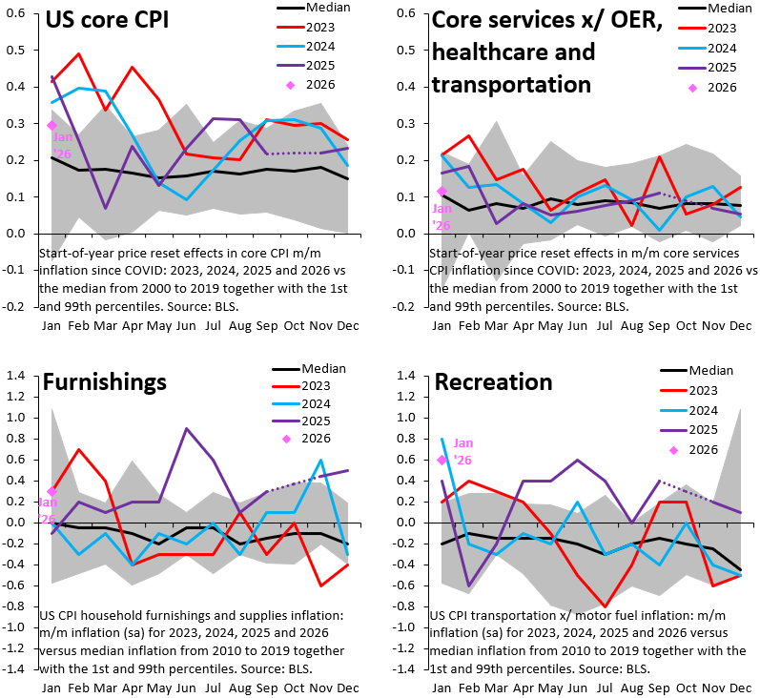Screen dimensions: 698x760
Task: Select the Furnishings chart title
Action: coord(105,382)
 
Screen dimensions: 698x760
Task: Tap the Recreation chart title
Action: coord(493,382)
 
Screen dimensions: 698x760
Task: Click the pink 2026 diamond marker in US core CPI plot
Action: coord(52,124)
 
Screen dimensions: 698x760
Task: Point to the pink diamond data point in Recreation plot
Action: coord(442,460)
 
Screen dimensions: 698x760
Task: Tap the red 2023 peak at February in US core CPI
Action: coord(78,54)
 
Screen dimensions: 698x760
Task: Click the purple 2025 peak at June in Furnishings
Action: coord(186,428)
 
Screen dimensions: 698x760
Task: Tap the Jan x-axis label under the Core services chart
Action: coord(442,325)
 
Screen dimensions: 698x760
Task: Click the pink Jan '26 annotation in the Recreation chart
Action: coord(462,451)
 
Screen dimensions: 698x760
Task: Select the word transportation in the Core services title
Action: coord(511,84)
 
